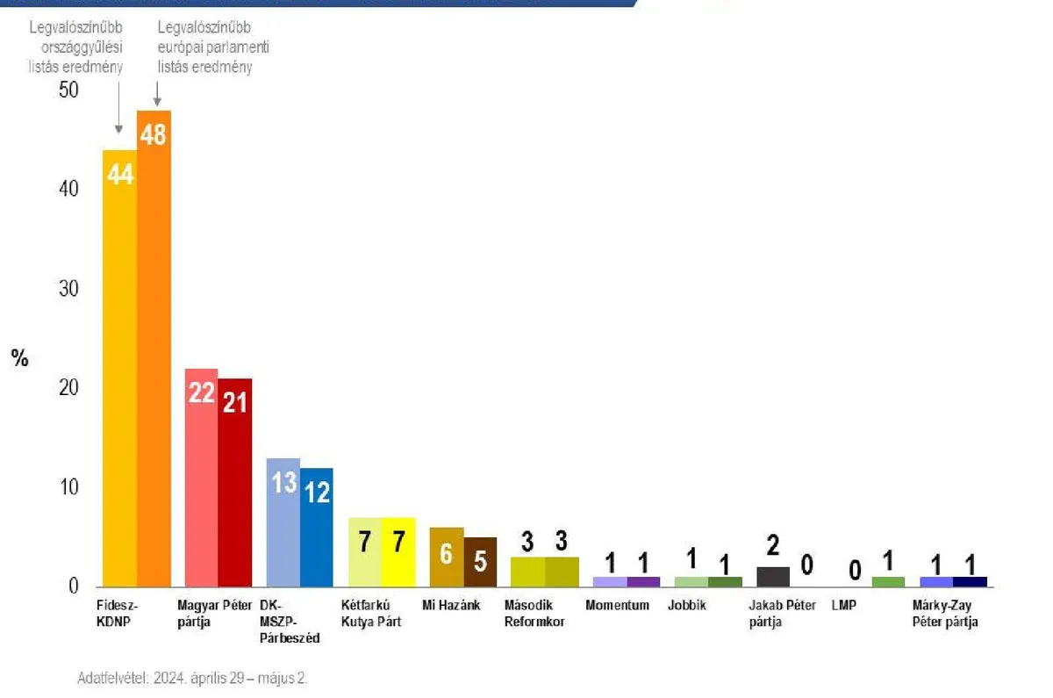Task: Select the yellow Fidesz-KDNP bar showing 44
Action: click(x=119, y=369)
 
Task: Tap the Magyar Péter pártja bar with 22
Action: click(x=201, y=478)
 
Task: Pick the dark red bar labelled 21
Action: click(x=235, y=483)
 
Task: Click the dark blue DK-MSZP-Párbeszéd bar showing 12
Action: click(x=317, y=527)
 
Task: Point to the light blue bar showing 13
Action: click(x=283, y=522)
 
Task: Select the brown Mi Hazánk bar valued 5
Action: click(x=480, y=562)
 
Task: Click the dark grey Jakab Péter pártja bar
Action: click(x=773, y=577)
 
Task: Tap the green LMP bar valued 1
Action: click(x=888, y=581)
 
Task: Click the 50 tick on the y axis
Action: click(x=68, y=90)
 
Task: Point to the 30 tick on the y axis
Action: click(x=68, y=289)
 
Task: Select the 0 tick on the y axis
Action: click(x=74, y=586)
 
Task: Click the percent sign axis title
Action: click(x=19, y=358)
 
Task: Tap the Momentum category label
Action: click(x=618, y=606)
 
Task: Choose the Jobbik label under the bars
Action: click(x=686, y=606)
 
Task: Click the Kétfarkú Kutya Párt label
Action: click(x=367, y=614)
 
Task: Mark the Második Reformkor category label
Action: click(x=534, y=614)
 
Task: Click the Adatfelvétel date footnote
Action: click(x=192, y=679)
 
